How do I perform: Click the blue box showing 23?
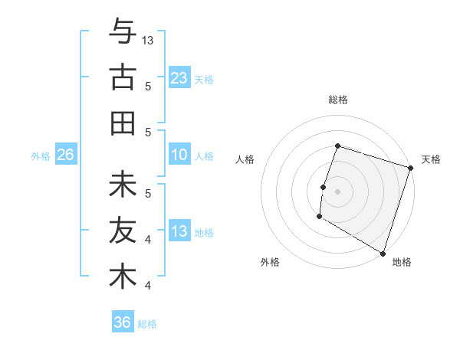pyautogui.click(x=179, y=77)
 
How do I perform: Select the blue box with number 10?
pyautogui.click(x=179, y=155)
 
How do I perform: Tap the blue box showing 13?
pyautogui.click(x=179, y=231)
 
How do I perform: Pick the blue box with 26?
pyautogui.click(x=66, y=155)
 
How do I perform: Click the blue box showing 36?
pyautogui.click(x=123, y=322)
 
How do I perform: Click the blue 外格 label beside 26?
pyautogui.click(x=41, y=155)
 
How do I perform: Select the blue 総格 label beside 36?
pyautogui.click(x=147, y=323)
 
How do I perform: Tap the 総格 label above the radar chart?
pyautogui.click(x=337, y=100)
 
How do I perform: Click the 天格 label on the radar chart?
pyautogui.click(x=431, y=159)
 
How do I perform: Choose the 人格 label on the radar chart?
pyautogui.click(x=245, y=159)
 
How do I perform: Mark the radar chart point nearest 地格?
pyautogui.click(x=382, y=253)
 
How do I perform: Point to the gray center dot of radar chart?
pyautogui.click(x=337, y=191)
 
